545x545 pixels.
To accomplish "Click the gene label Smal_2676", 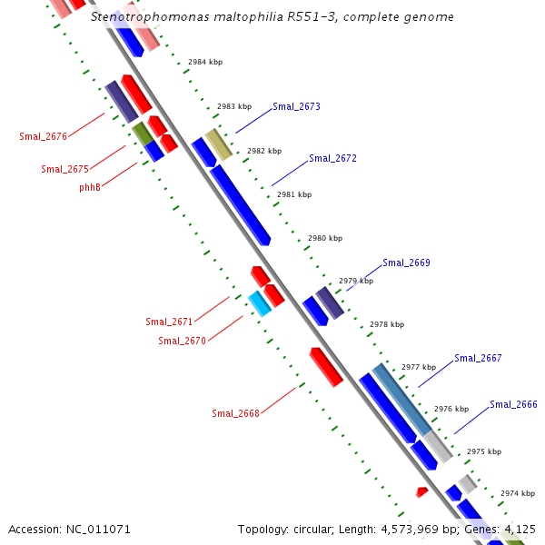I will click(43, 136).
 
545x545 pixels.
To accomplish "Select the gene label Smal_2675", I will click(64, 169).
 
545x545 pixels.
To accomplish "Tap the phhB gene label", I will click(90, 187).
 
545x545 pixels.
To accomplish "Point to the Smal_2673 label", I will click(296, 107).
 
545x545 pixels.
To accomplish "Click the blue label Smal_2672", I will click(332, 158).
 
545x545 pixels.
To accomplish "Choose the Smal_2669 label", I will click(406, 263).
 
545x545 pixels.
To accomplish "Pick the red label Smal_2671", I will click(169, 322).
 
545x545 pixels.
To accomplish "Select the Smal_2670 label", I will click(182, 341).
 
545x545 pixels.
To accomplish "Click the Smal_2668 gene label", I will click(235, 413).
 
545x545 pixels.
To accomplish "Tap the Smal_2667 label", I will click(478, 358).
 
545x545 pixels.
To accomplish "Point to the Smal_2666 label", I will click(513, 404).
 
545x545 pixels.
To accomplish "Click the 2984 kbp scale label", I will click(204, 63).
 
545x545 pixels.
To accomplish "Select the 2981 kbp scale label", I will click(294, 194).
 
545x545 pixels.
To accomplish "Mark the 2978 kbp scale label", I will click(386, 324).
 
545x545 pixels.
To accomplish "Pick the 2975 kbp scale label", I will click(483, 451).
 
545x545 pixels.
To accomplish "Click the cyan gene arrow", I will click(260, 303).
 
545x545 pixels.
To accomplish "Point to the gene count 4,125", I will click(520, 529).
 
